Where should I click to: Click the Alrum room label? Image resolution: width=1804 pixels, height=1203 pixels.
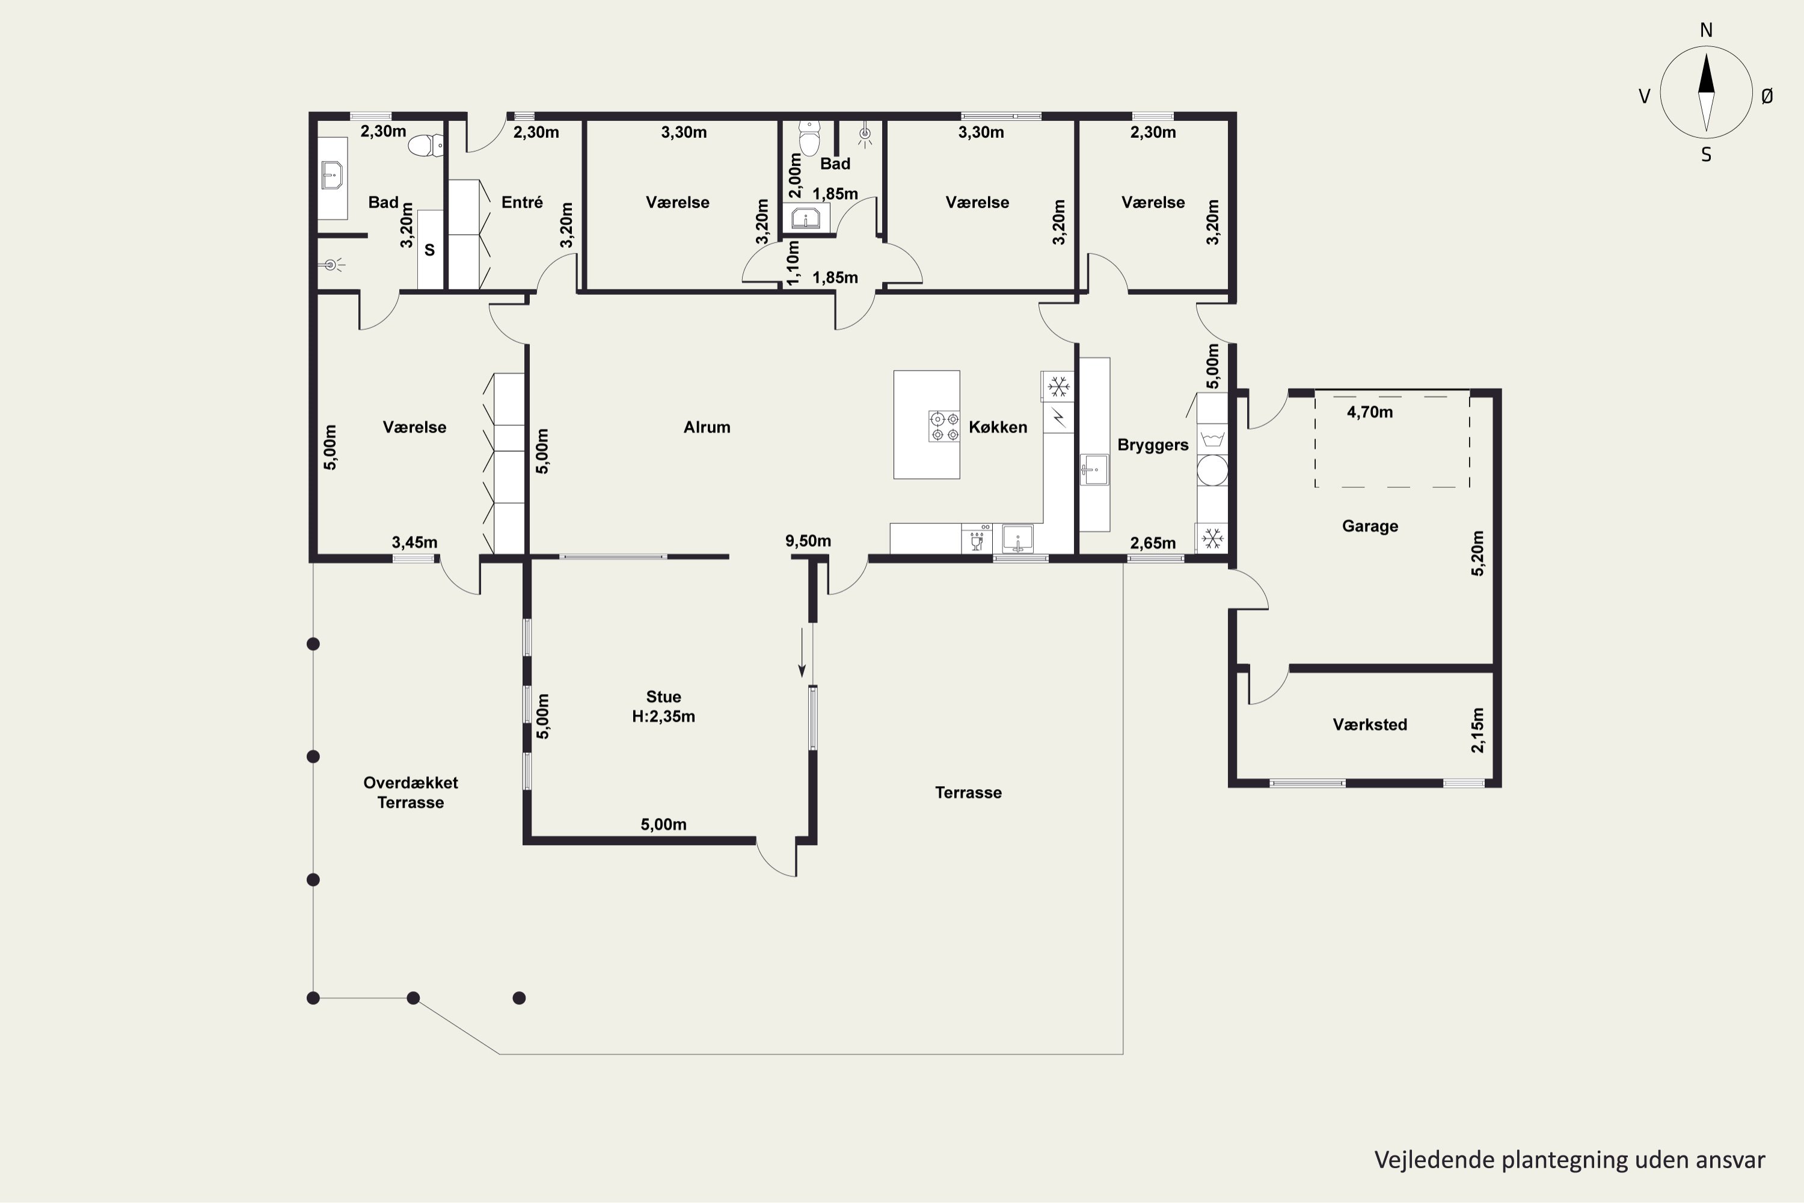tap(707, 427)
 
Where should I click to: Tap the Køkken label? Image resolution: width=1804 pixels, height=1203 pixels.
tap(998, 427)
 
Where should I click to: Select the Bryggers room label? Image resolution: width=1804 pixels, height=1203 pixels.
tap(1153, 446)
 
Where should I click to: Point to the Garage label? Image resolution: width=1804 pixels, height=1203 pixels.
tap(1370, 526)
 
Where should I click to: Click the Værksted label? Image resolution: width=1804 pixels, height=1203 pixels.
tap(1370, 725)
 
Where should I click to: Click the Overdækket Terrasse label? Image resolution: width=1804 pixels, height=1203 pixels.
tap(410, 793)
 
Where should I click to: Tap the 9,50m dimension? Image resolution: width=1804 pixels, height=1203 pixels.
tap(808, 541)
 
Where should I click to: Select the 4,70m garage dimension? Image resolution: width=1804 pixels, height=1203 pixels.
tap(1370, 412)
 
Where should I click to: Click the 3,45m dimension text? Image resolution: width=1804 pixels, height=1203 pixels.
tap(414, 543)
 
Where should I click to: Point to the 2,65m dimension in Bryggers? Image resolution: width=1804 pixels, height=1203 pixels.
tap(1153, 543)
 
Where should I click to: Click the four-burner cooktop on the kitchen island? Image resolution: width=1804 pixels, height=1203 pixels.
tap(944, 426)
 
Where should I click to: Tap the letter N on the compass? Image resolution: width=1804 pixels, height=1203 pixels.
tap(1707, 30)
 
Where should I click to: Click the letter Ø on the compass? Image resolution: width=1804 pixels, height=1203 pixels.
tap(1767, 96)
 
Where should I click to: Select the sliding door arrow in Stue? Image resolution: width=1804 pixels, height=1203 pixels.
tap(802, 652)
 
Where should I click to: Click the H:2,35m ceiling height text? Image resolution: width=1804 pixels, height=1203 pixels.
tap(663, 716)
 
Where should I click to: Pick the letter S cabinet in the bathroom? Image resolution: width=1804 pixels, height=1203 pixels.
tap(429, 250)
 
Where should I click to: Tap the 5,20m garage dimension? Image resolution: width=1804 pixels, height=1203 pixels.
tap(1478, 553)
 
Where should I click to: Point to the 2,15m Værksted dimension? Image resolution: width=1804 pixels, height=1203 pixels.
tap(1478, 730)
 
